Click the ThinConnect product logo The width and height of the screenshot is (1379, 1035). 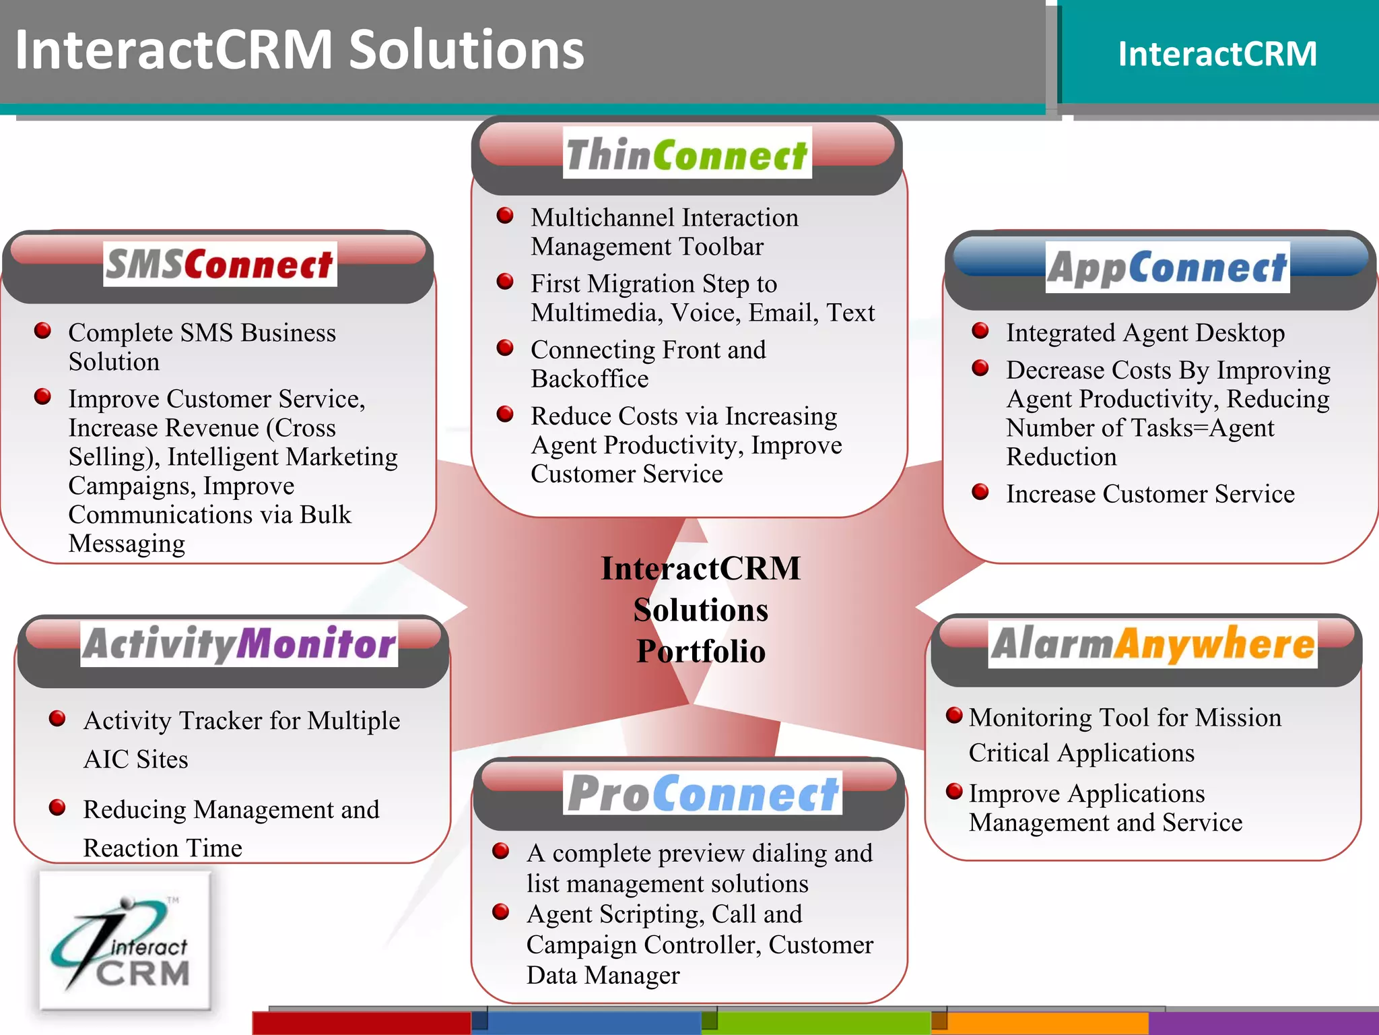(687, 154)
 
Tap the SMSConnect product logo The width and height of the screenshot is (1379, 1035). (220, 264)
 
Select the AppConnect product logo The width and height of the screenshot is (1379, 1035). (1167, 268)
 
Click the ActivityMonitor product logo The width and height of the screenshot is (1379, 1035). (239, 644)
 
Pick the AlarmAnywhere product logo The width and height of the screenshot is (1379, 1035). (1152, 644)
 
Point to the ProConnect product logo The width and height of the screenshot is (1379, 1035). (702, 793)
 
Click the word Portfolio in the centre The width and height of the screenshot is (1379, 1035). (701, 652)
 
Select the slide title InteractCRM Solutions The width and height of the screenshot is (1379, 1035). (300, 50)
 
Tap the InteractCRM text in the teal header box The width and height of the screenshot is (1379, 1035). (1217, 54)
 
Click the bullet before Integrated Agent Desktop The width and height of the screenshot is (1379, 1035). (980, 331)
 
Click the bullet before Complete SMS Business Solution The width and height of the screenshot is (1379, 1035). (43, 331)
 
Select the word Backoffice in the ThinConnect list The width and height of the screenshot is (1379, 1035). (589, 379)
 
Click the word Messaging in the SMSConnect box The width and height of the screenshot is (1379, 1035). (127, 543)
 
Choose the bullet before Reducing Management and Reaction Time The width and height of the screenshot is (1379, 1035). (58, 807)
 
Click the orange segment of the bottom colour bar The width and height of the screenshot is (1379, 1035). (1048, 1023)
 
